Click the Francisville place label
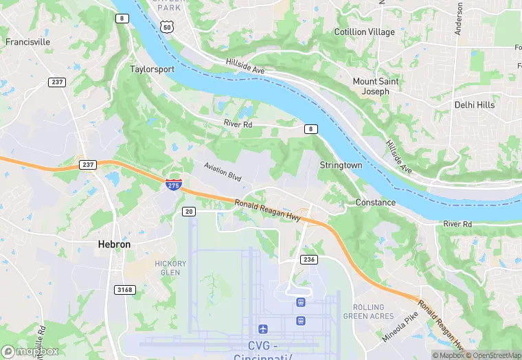pos(28,42)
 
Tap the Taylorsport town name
pos(152,69)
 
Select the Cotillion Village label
pos(364,32)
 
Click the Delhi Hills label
pos(474,105)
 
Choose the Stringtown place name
pos(341,166)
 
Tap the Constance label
pos(375,203)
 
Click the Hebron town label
pos(113,244)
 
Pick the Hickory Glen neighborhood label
pos(170,268)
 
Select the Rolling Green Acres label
pos(373,312)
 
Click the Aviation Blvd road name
pos(223,172)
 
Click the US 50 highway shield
pos(167,27)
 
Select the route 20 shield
pos(189,212)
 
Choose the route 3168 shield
pos(124,290)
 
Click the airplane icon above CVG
pos(262,330)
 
